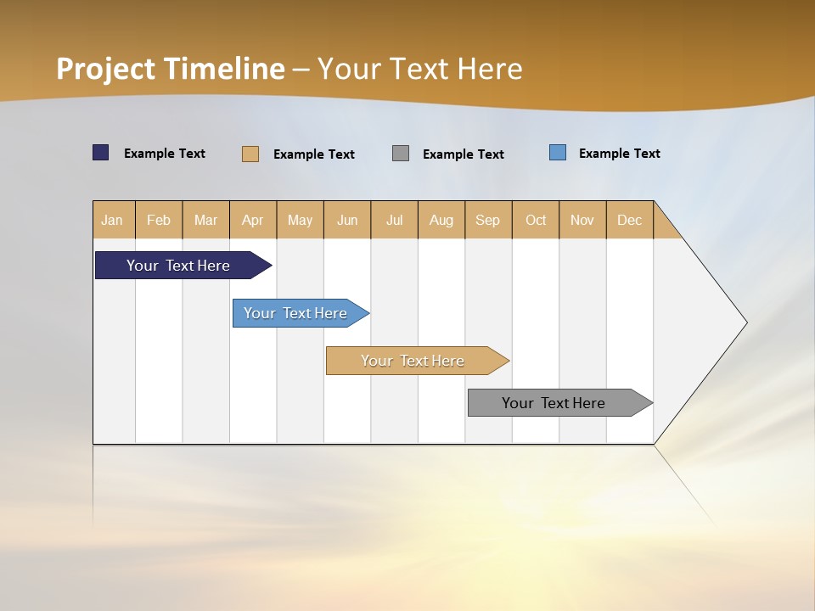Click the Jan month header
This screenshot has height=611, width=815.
tap(113, 220)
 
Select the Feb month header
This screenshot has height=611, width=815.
tap(159, 220)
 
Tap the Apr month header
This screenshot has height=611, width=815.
tap(253, 220)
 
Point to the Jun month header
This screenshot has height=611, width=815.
tap(347, 220)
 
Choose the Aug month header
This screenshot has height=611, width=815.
tap(441, 220)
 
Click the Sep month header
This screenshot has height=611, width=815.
tap(488, 220)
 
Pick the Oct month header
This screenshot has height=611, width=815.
tap(536, 220)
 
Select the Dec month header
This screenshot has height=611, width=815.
tap(630, 220)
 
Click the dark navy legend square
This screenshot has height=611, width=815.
tap(101, 153)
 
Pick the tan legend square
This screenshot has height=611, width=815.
tap(250, 154)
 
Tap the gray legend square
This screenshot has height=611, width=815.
tap(401, 154)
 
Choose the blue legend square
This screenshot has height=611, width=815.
tap(558, 153)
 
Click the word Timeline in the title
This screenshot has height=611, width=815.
tap(224, 69)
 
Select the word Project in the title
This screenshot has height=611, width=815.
tap(106, 69)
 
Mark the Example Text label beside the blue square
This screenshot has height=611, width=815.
tap(619, 154)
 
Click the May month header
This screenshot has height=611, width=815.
tap(300, 220)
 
